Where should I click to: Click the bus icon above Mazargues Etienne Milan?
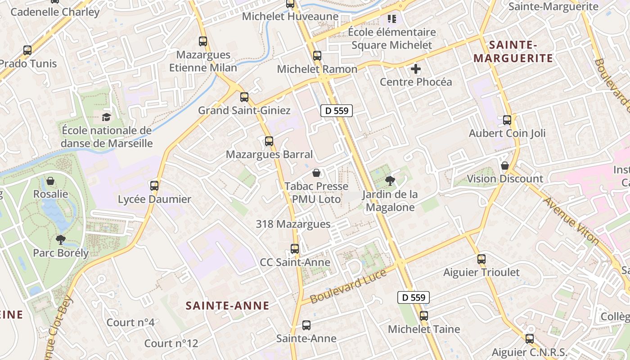[x=203, y=41]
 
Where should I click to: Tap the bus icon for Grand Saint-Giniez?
[x=244, y=97]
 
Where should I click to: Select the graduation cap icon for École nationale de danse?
[x=106, y=117]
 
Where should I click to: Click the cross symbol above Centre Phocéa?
[x=416, y=69]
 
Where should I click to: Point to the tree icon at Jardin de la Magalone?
[x=390, y=181]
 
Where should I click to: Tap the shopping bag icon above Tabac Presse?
[x=316, y=173]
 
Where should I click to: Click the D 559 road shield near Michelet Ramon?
[x=336, y=111]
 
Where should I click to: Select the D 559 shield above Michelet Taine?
[x=413, y=297]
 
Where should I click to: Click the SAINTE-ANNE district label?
[x=228, y=306]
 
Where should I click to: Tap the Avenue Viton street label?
[x=571, y=221]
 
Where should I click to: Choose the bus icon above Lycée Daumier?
[x=154, y=185]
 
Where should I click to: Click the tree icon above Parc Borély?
[x=61, y=239]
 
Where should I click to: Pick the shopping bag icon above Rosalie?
[x=50, y=181]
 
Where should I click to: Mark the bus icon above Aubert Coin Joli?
[x=507, y=120]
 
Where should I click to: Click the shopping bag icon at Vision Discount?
[x=505, y=166]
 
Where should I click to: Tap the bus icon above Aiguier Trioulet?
[x=481, y=259]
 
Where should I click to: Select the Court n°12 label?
[x=171, y=343]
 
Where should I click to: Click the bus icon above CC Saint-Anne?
[x=295, y=248]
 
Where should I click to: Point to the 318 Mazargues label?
[x=293, y=224]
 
